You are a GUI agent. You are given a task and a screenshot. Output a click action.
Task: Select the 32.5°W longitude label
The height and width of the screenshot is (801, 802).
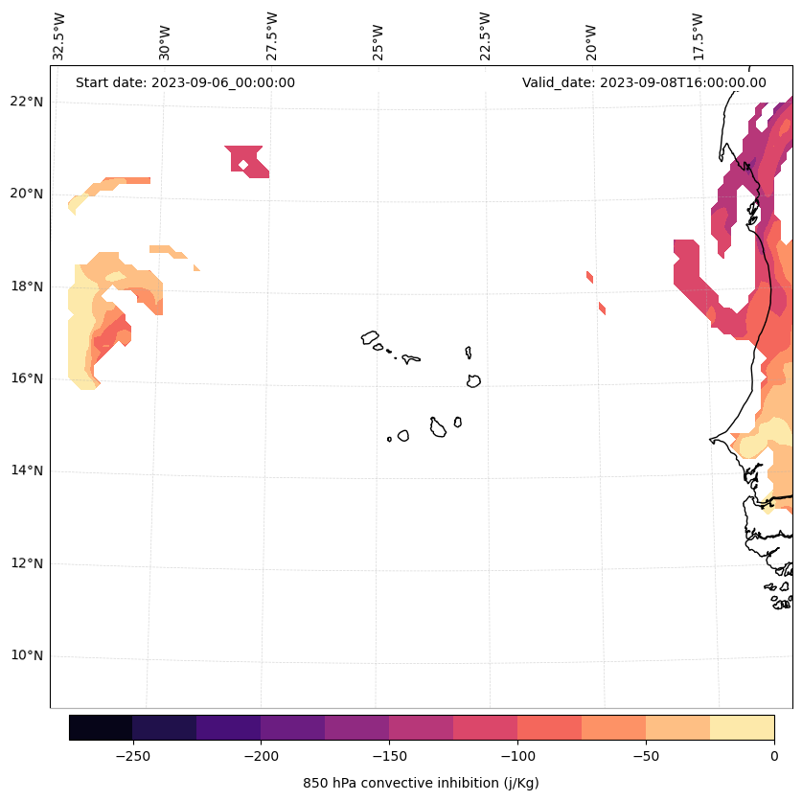click(x=59, y=36)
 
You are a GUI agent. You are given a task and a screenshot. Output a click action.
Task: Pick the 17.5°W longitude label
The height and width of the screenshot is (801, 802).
click(x=698, y=36)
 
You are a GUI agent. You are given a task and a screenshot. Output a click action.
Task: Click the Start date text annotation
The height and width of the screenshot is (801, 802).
click(x=185, y=82)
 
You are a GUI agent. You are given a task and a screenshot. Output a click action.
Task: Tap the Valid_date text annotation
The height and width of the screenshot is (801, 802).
click(x=644, y=82)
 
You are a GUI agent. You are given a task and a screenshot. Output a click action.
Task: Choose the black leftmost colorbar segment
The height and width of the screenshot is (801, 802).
click(x=101, y=727)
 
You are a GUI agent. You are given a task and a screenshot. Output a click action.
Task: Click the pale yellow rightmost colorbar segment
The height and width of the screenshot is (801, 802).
click(x=742, y=727)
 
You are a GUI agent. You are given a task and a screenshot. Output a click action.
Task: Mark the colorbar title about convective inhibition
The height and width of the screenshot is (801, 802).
click(x=421, y=783)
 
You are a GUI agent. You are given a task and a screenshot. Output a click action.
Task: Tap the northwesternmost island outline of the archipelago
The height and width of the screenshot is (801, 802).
click(x=370, y=337)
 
